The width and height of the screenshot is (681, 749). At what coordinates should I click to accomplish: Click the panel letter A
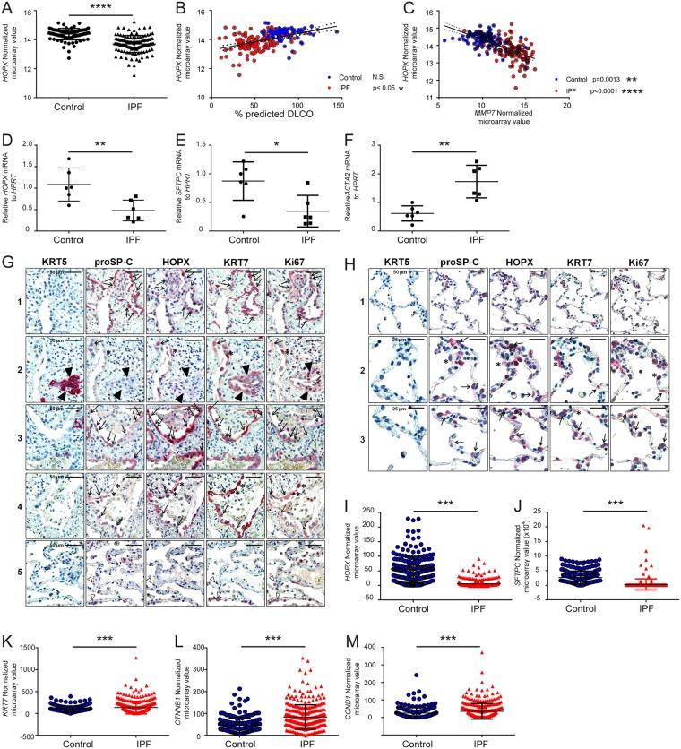[7, 7]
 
